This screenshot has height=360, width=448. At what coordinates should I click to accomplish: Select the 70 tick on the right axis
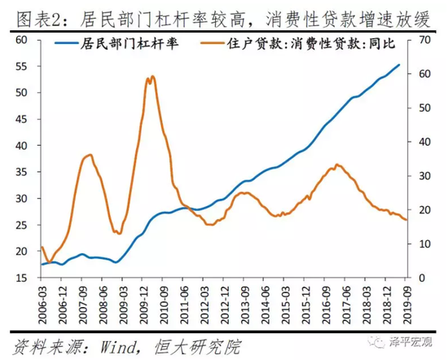(x=422, y=40)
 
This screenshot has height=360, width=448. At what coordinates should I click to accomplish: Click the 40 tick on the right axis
(x=422, y=142)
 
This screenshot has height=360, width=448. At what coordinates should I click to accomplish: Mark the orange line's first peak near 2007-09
(x=90, y=154)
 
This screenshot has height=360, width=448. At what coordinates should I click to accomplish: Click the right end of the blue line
(x=399, y=64)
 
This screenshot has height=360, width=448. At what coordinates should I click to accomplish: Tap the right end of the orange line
(x=406, y=220)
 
